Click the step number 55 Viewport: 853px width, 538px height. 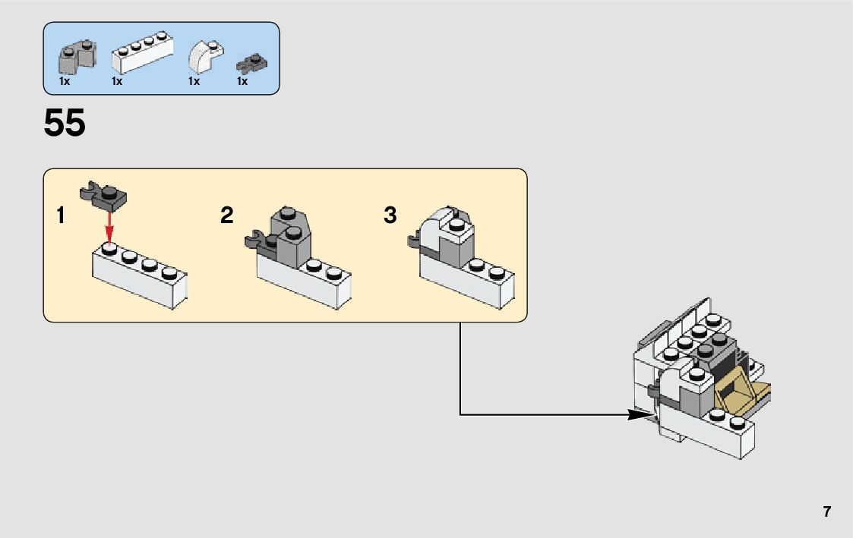point(65,122)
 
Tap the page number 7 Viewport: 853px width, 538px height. point(827,511)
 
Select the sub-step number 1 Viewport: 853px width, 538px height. point(60,216)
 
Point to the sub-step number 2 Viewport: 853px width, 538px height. point(227,216)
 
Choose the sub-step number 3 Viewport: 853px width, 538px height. point(390,216)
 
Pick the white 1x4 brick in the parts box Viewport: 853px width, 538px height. point(142,52)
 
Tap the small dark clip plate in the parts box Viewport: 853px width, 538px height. point(251,64)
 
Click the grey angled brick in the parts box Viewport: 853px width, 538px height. point(77,58)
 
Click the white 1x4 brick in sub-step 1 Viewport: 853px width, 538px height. point(139,276)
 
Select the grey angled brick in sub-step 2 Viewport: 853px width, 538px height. point(290,237)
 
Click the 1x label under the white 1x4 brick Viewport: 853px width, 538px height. point(117,81)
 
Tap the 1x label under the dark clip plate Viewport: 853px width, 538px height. point(242,81)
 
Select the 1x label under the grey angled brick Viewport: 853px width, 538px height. point(65,81)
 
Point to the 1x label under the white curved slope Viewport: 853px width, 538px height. point(194,81)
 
